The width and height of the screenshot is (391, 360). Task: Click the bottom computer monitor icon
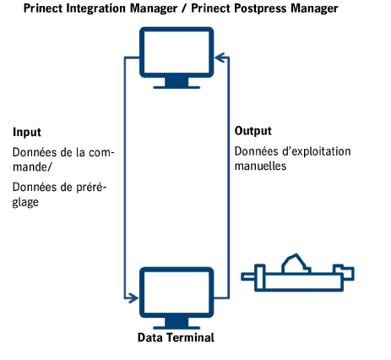[176, 292]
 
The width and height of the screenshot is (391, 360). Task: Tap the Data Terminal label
[176, 338]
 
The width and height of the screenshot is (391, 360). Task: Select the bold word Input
[27, 134]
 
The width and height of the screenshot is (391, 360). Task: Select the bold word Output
[253, 131]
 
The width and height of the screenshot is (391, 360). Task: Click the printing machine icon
[298, 274]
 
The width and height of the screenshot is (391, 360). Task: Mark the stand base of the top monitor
[176, 83]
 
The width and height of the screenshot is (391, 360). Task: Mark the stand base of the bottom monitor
[176, 322]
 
